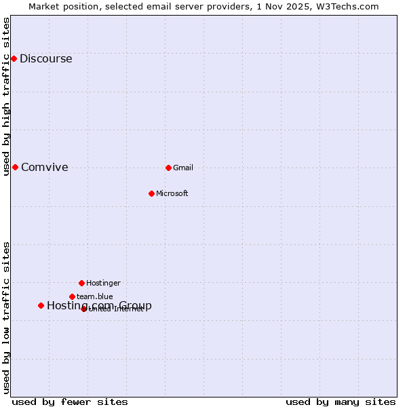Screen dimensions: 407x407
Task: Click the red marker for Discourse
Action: click(14, 59)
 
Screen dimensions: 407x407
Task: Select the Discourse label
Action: click(45, 59)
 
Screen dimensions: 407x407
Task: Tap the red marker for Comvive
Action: click(15, 168)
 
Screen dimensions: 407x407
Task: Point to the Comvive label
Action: click(44, 168)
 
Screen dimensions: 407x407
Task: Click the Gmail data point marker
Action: click(168, 168)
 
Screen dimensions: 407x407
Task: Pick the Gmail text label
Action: click(183, 168)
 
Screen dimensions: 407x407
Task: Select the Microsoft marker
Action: click(151, 193)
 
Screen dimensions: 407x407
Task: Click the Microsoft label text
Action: click(172, 193)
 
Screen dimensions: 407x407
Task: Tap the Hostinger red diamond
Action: click(81, 283)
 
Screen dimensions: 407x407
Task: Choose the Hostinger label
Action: click(103, 283)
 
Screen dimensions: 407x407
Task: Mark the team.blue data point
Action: click(72, 296)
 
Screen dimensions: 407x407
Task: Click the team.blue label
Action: click(95, 296)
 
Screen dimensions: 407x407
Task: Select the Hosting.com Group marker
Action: click(41, 306)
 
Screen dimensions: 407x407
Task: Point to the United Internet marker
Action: click(84, 309)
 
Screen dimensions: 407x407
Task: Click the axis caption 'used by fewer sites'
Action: click(70, 402)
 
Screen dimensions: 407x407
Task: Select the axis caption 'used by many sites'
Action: click(341, 402)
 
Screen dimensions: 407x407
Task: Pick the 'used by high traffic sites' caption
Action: click(6, 96)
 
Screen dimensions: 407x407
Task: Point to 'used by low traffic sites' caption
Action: click(6, 317)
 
